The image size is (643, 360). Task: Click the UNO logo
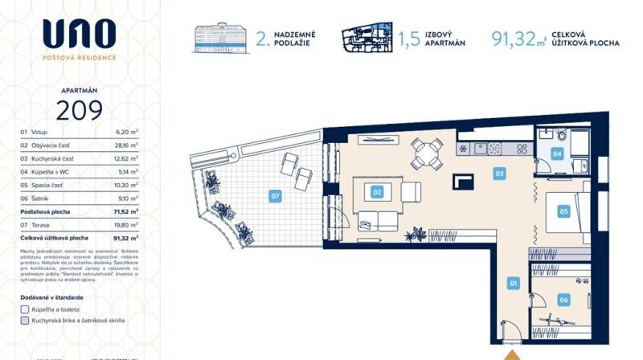79,34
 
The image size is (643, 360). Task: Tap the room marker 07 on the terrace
275,195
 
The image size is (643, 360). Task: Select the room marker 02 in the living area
375,192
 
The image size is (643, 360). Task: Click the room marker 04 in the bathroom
557,153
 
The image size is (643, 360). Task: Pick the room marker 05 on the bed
563,211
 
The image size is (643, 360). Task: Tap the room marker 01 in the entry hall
512,282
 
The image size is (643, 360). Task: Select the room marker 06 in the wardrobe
563,300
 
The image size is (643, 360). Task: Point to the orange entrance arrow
511,354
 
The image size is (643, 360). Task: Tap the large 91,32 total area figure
514,38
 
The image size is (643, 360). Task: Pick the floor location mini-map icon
368,39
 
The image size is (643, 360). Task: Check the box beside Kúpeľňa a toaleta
24,309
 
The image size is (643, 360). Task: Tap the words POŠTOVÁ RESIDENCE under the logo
79,58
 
